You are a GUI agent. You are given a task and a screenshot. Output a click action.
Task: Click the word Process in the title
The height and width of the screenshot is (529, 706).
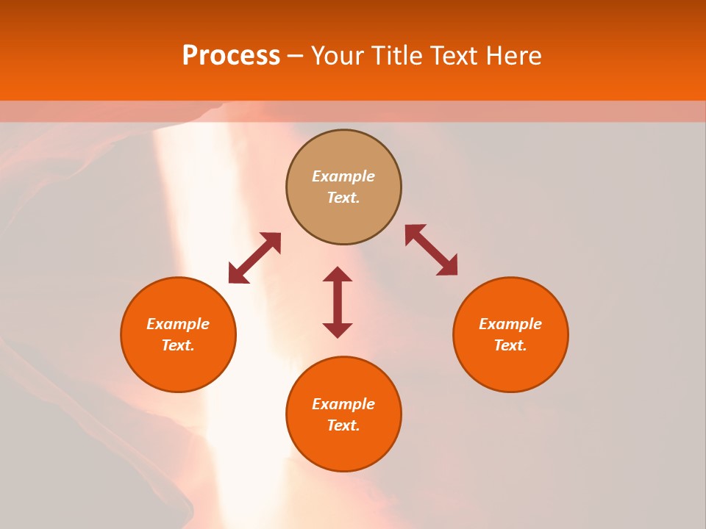[231, 56]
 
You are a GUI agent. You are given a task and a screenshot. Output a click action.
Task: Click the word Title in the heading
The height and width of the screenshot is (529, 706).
[396, 56]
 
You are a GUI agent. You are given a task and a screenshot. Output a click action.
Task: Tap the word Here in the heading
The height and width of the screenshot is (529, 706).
[512, 56]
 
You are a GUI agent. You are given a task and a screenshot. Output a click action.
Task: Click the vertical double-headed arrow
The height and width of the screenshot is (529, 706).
[338, 302]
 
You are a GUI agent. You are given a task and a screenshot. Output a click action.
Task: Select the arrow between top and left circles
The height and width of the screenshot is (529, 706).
[254, 258]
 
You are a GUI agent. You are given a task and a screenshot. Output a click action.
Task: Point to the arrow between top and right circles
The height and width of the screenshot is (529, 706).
[432, 250]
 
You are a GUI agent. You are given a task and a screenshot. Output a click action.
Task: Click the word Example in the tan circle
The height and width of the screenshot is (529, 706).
[343, 176]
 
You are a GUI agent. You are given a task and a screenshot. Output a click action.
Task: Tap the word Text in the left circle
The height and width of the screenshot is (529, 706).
[178, 345]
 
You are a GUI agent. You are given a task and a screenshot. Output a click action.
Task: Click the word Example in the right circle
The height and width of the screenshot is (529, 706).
[510, 324]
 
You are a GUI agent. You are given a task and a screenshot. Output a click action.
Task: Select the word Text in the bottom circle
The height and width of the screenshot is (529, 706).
[343, 425]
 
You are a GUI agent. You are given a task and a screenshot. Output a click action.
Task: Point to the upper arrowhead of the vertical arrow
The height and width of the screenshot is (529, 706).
[338, 274]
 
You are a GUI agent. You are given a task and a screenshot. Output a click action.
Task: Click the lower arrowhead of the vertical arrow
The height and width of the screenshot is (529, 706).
[338, 330]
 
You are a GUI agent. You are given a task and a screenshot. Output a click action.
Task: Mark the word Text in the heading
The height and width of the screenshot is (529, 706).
[454, 56]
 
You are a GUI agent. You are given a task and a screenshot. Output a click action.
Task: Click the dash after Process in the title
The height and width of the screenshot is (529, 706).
[295, 57]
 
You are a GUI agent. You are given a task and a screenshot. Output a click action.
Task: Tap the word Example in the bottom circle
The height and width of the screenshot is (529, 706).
[343, 404]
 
